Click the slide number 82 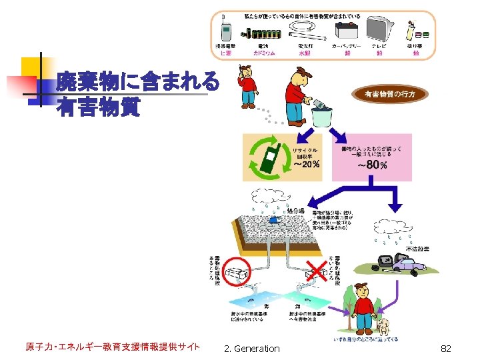pos(446,348)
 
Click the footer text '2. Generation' pos(252,348)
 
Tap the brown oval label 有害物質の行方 pos(394,94)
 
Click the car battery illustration pos(347,31)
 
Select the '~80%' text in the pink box pos(371,165)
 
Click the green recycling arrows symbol pos(269,159)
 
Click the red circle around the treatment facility pos(234,273)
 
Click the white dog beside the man pos(384,325)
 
